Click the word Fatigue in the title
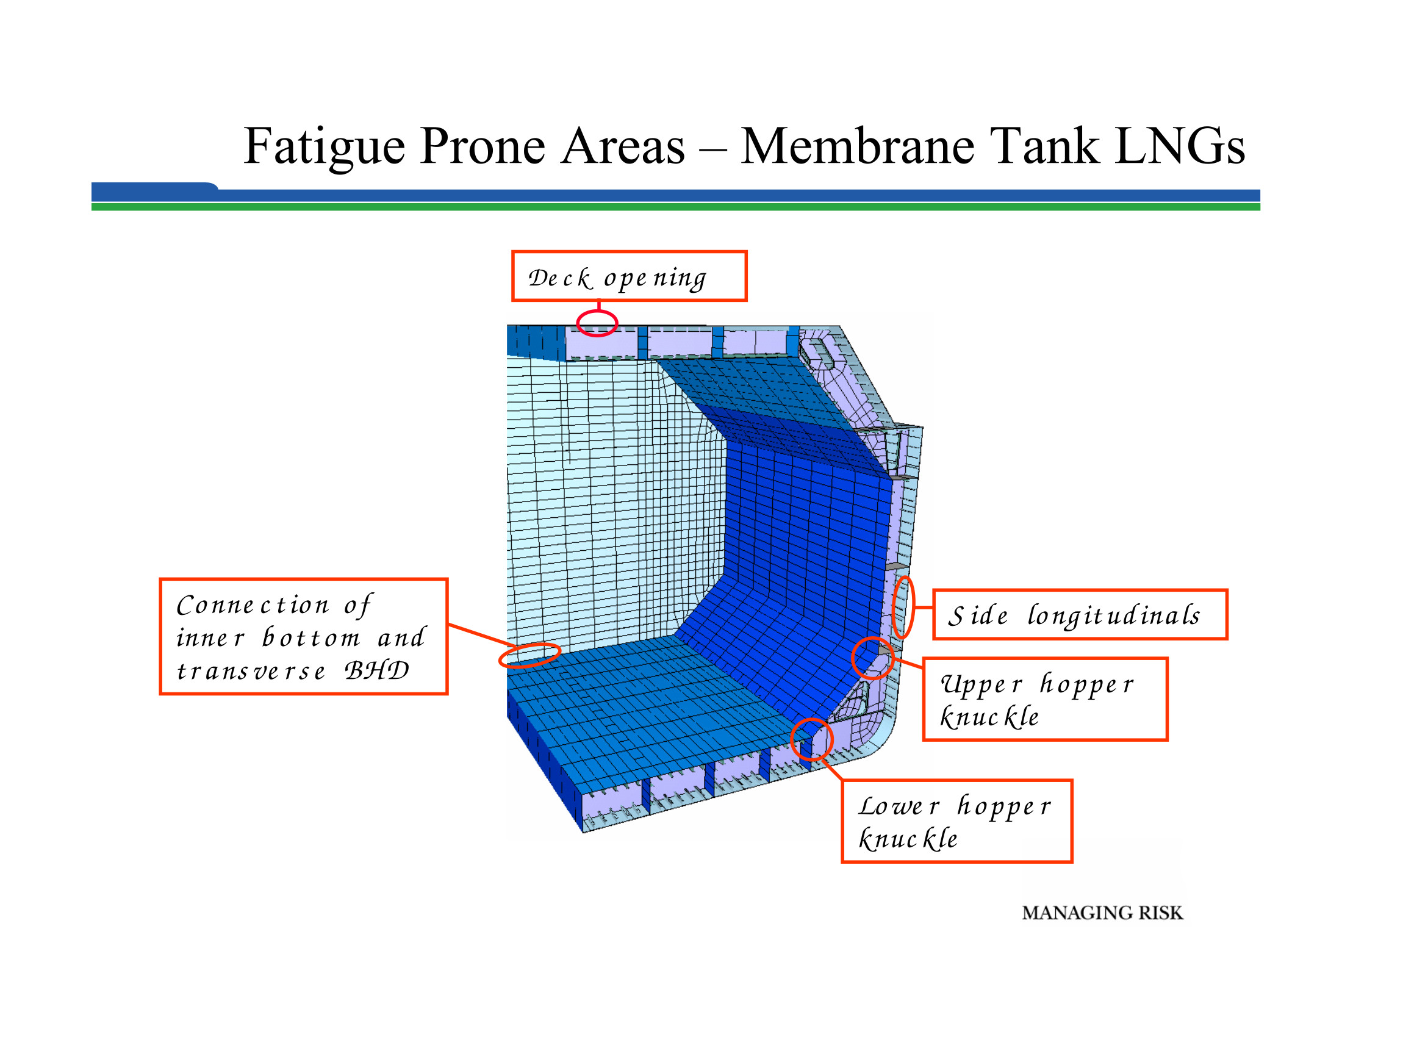pos(324,146)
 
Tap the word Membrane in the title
pos(858,146)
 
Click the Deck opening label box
pos(628,276)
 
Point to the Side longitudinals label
pos(1079,614)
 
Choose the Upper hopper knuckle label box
pos(1044,699)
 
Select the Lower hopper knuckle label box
pos(956,821)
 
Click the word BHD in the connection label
pos(376,670)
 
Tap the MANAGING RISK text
pos(1102,913)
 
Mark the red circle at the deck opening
pos(597,323)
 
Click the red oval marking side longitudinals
pos(903,607)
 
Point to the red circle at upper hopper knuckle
pos(872,658)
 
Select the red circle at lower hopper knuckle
pos(811,739)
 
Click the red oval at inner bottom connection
pos(529,655)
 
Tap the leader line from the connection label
pos(481,635)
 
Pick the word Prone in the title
pos(482,146)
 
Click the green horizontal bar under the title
pos(675,207)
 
